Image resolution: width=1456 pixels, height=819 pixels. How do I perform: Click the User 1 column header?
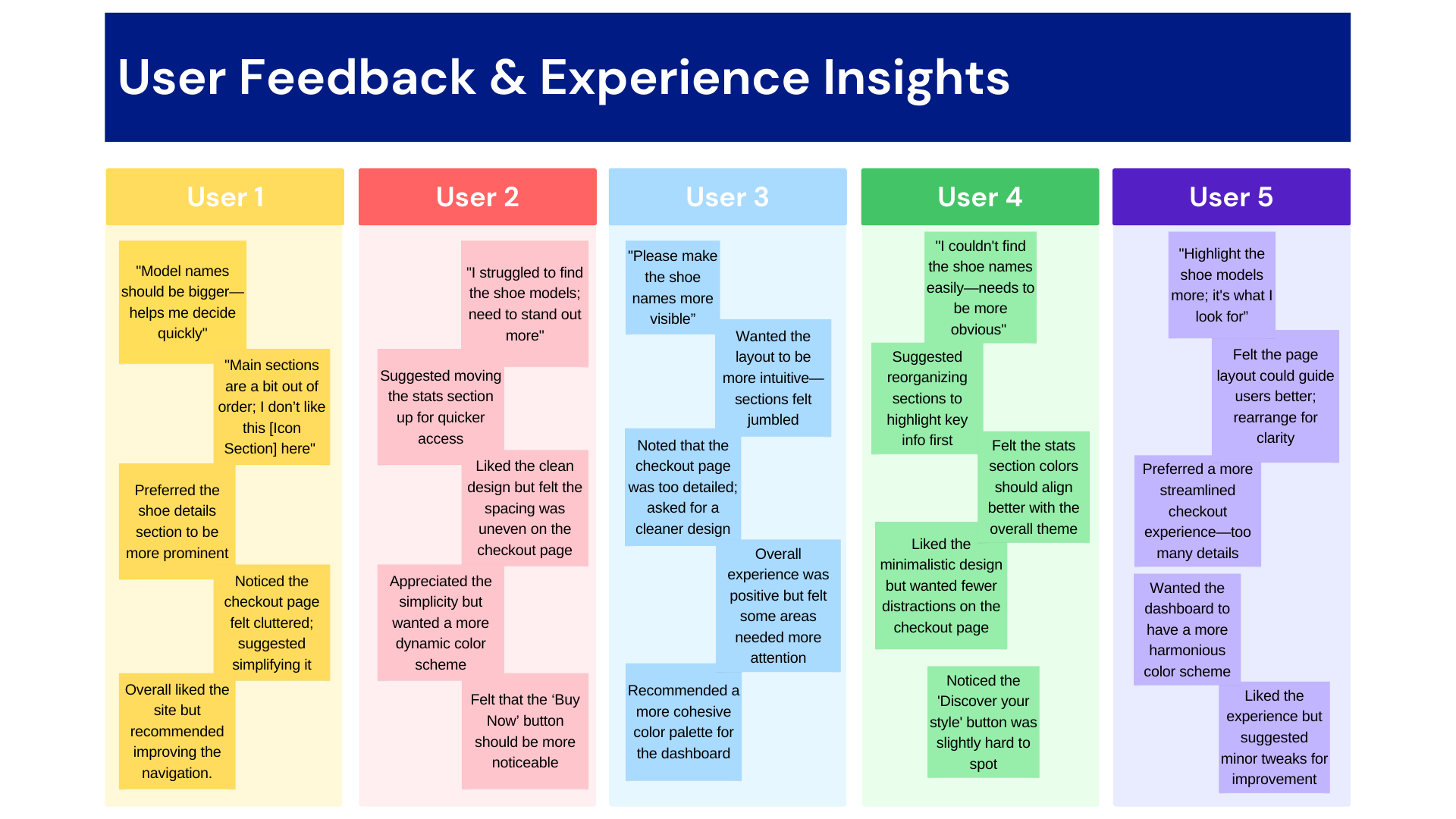tap(224, 197)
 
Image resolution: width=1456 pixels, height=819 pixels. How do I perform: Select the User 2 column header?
tap(478, 197)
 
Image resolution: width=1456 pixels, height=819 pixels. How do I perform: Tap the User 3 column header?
tap(728, 197)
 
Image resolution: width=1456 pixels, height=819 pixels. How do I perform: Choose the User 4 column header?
tap(980, 197)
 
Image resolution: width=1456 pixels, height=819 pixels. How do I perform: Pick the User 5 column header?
tap(1232, 197)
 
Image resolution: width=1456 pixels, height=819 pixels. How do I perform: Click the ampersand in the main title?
tap(508, 77)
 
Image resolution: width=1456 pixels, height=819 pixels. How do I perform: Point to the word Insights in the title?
tap(916, 79)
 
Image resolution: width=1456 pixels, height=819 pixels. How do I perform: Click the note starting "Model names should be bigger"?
tap(183, 302)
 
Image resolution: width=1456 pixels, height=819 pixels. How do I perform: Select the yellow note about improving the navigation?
tap(177, 731)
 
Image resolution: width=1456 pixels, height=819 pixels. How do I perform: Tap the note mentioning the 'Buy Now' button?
tap(525, 731)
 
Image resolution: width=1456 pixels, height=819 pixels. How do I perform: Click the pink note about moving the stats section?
tap(441, 407)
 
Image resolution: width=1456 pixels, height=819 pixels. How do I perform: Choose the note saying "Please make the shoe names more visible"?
tap(673, 287)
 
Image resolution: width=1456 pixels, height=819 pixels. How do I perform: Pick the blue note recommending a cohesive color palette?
tap(683, 722)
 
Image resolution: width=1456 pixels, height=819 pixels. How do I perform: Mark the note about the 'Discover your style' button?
tap(983, 722)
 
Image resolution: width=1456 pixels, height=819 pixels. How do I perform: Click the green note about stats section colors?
tap(1034, 487)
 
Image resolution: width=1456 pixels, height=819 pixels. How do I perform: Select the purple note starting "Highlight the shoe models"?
tap(1222, 285)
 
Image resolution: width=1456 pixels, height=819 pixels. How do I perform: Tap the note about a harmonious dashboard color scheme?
tap(1187, 629)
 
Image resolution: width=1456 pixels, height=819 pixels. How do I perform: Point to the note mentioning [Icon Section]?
tap(271, 406)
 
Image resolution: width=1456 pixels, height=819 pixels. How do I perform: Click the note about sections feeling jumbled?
tap(773, 378)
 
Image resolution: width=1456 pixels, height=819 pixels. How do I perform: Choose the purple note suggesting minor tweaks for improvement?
tap(1274, 737)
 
